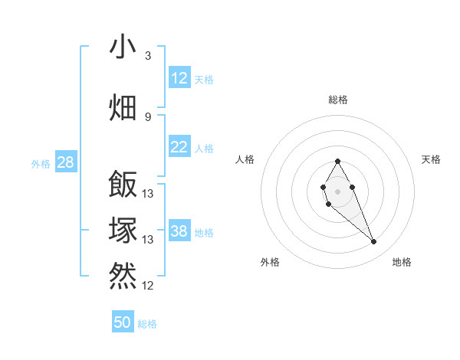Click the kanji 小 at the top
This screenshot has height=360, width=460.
click(123, 47)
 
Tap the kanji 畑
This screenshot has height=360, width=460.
click(123, 106)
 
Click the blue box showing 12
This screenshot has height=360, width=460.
click(179, 78)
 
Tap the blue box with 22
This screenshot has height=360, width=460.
click(179, 147)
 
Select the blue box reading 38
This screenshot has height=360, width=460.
click(179, 231)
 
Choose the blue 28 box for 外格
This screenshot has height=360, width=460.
click(65, 162)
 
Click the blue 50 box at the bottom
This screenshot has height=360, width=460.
click(123, 322)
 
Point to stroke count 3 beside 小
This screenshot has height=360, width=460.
click(148, 56)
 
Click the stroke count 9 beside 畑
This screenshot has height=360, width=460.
click(148, 116)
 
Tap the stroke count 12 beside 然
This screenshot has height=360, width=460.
click(148, 286)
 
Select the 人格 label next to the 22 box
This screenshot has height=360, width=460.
click(204, 149)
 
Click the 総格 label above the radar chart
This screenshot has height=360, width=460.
click(338, 100)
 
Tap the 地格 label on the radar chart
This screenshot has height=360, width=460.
click(402, 262)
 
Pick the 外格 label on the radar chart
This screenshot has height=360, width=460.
click(270, 262)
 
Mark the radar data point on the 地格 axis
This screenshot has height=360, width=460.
click(373, 242)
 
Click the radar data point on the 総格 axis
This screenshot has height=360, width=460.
click(337, 161)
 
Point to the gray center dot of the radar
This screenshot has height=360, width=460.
click(337, 190)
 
